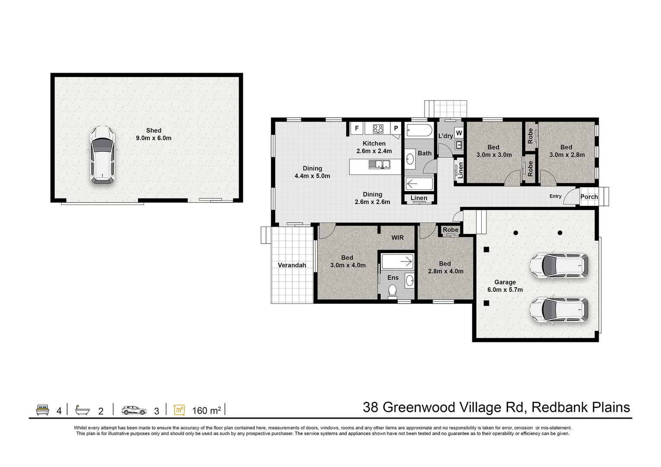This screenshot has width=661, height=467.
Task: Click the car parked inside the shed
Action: coord(102,156)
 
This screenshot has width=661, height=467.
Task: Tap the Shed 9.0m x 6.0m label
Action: coord(153,134)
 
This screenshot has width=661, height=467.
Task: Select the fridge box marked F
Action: coord(357,128)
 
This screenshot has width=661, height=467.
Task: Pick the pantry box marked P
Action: coord(396,128)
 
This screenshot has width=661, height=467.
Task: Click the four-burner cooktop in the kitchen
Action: coord(378,128)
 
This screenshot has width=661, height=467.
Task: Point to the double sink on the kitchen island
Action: coord(379,164)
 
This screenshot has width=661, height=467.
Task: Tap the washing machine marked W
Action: coord(459,133)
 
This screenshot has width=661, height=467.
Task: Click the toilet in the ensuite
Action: coord(393,291)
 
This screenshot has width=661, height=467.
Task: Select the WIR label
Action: coord(397,238)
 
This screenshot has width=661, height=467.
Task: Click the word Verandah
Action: coord(292,265)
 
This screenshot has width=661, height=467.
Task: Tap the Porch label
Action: coord(589,197)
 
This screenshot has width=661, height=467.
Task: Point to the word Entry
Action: coord(555,196)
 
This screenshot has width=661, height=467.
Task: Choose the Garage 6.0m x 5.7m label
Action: coord(505,286)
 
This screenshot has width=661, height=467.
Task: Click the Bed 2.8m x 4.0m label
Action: coord(445,267)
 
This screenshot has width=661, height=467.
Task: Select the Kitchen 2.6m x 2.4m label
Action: coord(374,147)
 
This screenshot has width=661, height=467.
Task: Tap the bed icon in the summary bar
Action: coord(42,410)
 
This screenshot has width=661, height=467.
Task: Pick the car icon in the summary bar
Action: coord(134,410)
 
